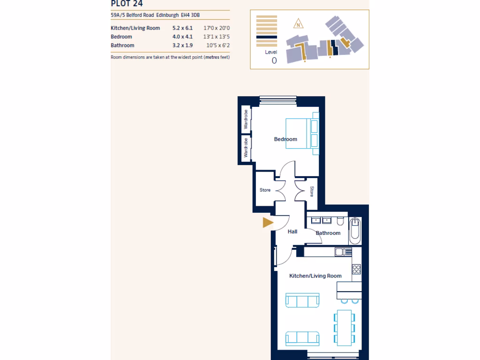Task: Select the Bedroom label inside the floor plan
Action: (285, 139)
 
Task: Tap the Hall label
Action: (292, 232)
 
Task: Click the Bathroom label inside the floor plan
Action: (328, 233)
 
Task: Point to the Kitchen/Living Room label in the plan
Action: (315, 276)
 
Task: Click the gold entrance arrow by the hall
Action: (268, 223)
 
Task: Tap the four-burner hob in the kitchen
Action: (356, 269)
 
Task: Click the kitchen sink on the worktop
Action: (343, 252)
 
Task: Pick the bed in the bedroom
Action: (302, 134)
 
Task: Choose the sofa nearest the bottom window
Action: (302, 337)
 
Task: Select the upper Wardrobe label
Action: (245, 120)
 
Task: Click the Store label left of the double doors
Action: (265, 190)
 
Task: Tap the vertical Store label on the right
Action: (312, 191)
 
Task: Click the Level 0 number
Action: (274, 60)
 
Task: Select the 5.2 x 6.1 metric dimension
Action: (182, 28)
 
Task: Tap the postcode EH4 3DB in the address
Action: (190, 15)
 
